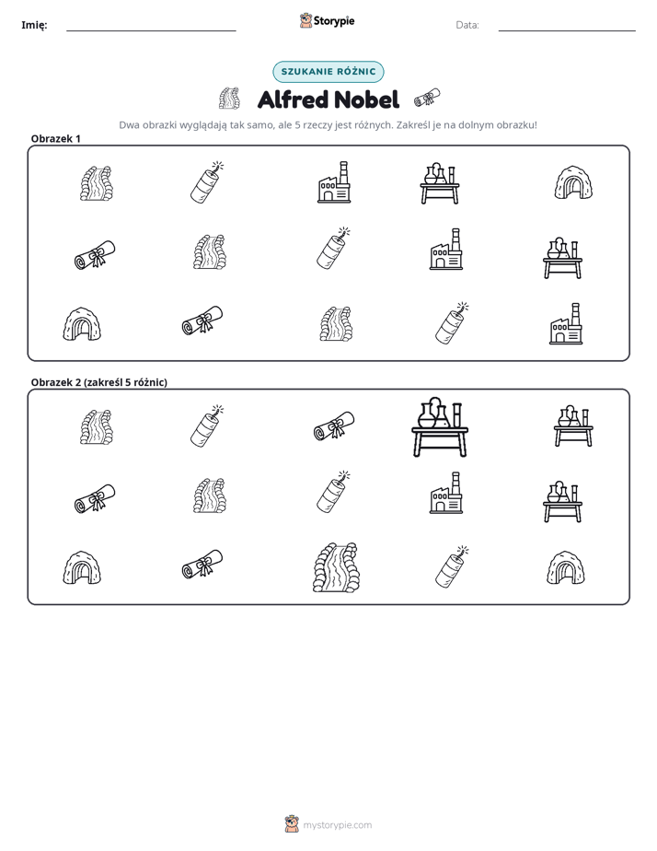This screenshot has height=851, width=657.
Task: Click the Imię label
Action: click(34, 25)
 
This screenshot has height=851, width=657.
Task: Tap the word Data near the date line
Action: click(467, 25)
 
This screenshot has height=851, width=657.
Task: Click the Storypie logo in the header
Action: click(327, 20)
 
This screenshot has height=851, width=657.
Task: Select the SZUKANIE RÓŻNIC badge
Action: click(328, 72)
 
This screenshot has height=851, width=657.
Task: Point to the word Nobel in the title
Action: click(366, 99)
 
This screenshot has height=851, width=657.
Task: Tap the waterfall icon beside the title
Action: click(230, 98)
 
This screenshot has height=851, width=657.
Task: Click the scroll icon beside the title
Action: click(427, 98)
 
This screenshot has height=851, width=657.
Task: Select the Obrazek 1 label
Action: click(56, 138)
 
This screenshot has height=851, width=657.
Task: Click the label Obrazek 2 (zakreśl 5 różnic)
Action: click(99, 382)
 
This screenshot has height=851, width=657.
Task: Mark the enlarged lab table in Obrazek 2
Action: click(440, 427)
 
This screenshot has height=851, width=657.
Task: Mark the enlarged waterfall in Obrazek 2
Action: click(336, 567)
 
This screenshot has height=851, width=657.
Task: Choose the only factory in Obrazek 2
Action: click(446, 493)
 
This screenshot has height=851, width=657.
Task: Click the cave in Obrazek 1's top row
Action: click(573, 183)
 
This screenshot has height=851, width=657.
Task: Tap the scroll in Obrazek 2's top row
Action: click(334, 425)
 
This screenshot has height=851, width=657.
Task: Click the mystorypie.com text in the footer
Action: click(337, 825)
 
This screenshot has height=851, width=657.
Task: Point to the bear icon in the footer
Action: click(292, 824)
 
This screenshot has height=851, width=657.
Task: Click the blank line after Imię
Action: click(151, 31)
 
